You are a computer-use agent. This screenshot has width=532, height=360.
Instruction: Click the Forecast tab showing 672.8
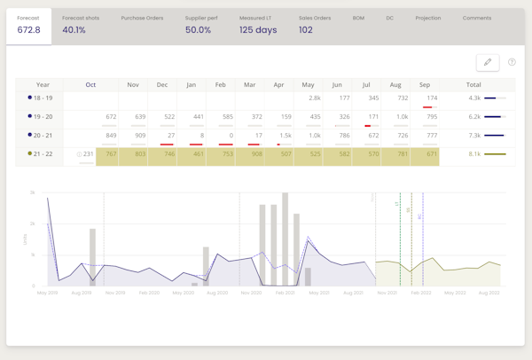coord(28,25)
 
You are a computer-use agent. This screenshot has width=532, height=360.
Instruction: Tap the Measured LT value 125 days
coord(258,29)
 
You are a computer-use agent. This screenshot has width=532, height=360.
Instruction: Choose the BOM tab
coord(358,18)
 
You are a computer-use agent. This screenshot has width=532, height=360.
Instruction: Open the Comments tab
coord(476,18)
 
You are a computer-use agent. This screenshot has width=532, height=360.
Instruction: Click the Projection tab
coord(427,18)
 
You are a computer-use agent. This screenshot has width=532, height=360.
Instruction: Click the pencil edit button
coord(487,62)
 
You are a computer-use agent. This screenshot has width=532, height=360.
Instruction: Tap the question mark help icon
coord(512,62)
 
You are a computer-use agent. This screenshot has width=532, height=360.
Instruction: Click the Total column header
coord(473,85)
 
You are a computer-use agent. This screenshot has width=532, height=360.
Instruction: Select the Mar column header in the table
coord(249,85)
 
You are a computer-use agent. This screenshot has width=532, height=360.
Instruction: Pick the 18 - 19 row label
coord(39,98)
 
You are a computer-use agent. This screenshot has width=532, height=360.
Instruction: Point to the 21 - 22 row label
coord(39,154)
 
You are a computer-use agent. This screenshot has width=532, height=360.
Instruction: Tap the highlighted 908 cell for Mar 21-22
coord(256,154)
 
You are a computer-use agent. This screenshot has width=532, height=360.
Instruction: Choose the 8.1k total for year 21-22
coord(474,154)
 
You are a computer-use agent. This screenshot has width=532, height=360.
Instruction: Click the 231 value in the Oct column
coord(87,154)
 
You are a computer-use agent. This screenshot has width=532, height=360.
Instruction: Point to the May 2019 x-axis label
coord(47,292)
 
